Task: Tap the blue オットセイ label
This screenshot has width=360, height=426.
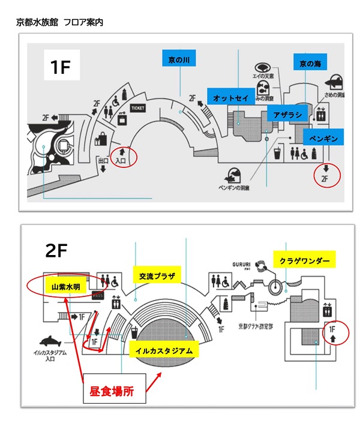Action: (x=229, y=97)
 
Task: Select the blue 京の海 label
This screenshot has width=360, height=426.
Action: (x=310, y=63)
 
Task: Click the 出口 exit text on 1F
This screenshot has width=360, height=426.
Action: (x=103, y=161)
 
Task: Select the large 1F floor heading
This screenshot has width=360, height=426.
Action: (x=61, y=68)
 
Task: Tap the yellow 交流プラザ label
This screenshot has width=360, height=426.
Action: (x=155, y=276)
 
